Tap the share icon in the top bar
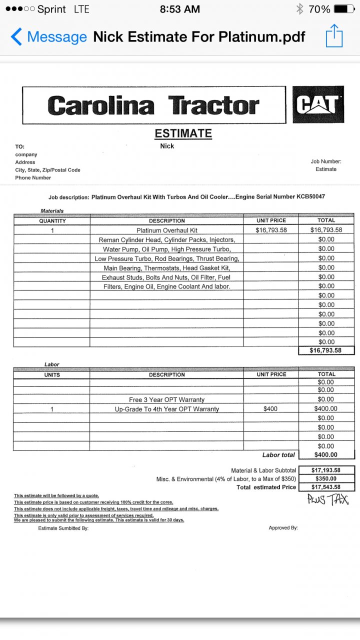tap(334, 36)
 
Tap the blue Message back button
tap(49, 37)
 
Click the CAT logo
tap(318, 104)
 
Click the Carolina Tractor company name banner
tap(153, 105)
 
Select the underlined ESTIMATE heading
tap(183, 133)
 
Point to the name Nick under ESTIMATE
tap(167, 146)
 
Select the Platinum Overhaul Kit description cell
tap(167, 230)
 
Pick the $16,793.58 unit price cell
tap(271, 230)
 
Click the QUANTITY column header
tap(52, 220)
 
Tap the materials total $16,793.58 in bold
tap(326, 350)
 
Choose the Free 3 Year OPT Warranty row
tap(167, 399)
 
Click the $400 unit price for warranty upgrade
tap(271, 409)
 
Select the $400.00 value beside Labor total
tap(326, 455)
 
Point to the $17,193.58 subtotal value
tap(326, 470)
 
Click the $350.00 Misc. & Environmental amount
tap(326, 479)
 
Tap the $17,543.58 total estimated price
tap(326, 487)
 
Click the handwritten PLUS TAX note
tap(328, 499)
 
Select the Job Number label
tap(326, 161)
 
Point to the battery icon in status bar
tap(343, 9)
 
